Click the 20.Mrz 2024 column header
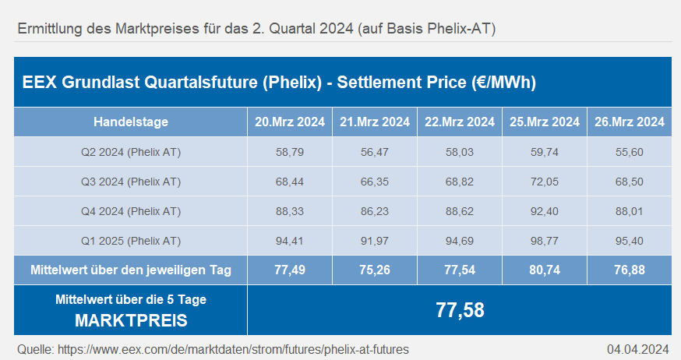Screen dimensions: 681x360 click(x=290, y=122)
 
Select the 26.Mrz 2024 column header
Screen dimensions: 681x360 click(x=630, y=122)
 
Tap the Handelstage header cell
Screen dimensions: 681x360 click(x=131, y=122)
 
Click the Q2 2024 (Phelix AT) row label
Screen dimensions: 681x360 click(x=131, y=153)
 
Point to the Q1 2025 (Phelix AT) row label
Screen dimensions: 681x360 click(x=131, y=241)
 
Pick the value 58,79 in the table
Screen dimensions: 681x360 click(x=290, y=153)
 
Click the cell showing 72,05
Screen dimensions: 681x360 click(x=545, y=182)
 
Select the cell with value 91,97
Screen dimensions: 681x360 click(x=375, y=241)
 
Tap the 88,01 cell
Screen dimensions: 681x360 click(x=630, y=211)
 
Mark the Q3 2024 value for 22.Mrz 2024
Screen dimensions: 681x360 click(x=460, y=182)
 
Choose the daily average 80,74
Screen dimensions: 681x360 click(x=545, y=270)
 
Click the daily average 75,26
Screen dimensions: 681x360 click(x=375, y=270)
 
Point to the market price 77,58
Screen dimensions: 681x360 click(x=460, y=310)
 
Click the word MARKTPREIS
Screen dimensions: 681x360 click(x=131, y=320)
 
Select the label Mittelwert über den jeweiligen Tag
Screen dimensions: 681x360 click(x=131, y=270)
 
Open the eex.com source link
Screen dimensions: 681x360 click(x=233, y=350)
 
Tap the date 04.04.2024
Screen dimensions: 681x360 click(x=638, y=350)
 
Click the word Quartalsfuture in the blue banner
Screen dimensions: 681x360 click(x=201, y=83)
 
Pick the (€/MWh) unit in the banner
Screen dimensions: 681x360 click(x=504, y=83)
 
